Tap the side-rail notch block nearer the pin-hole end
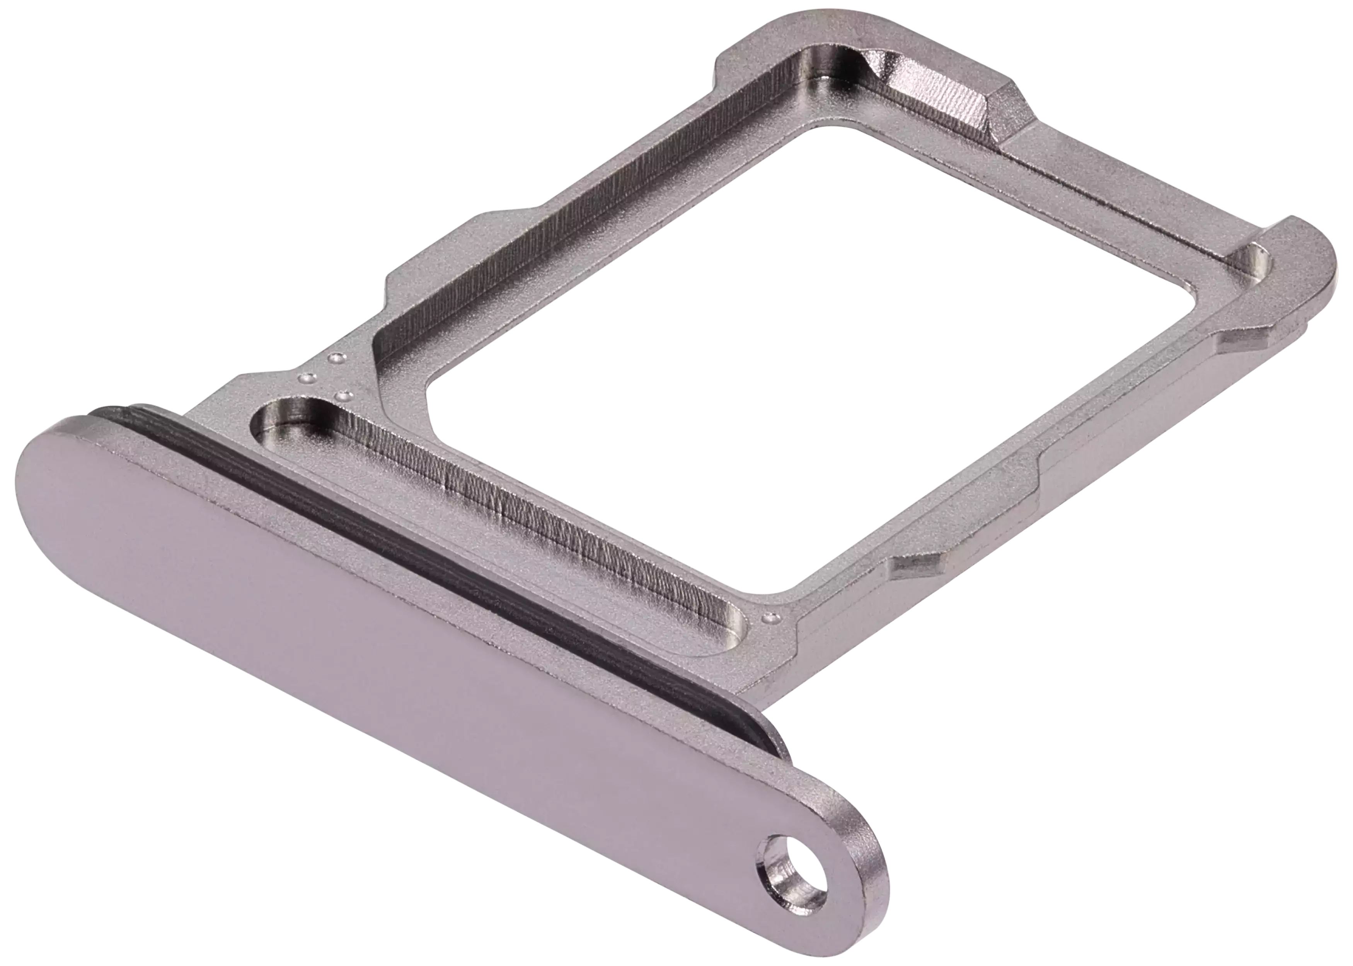[x=919, y=568]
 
